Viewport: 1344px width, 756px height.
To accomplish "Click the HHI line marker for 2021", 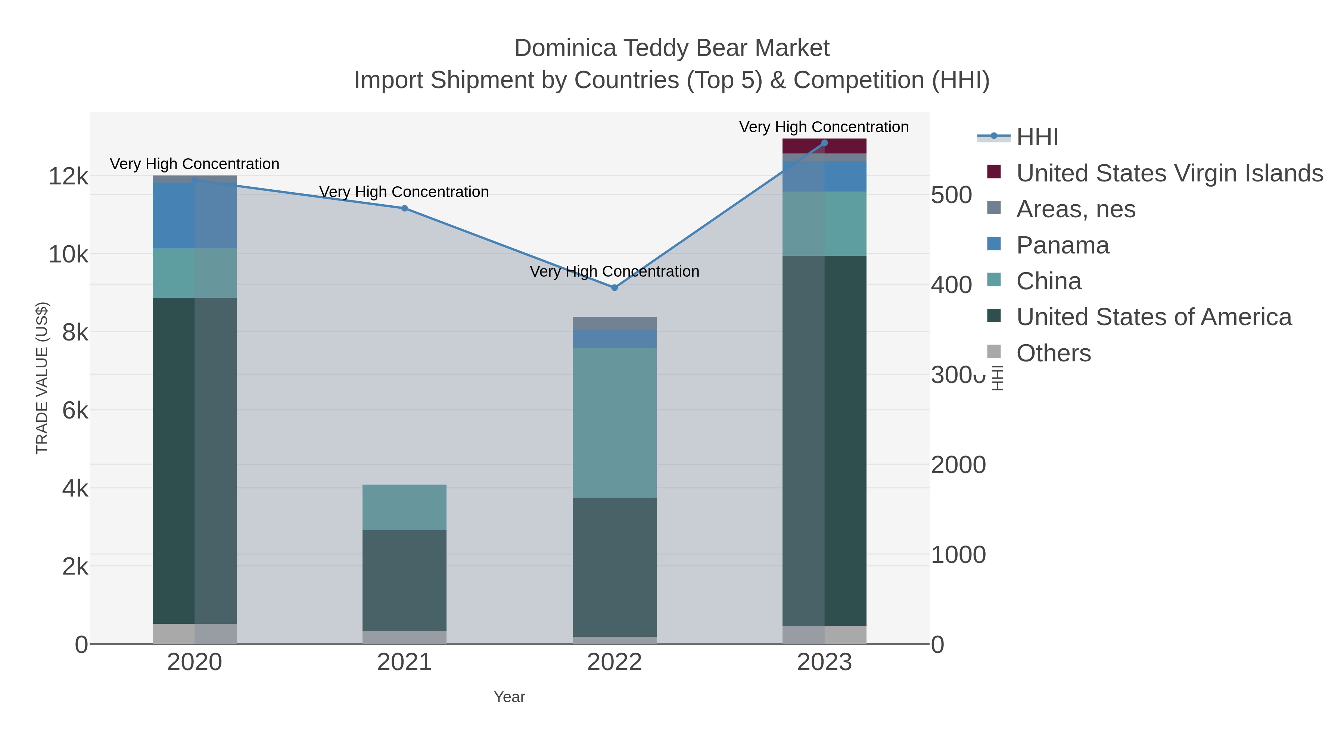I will (x=404, y=208).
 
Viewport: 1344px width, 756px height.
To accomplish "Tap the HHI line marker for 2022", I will (x=614, y=287).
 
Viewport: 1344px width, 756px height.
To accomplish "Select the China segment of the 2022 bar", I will (x=614, y=423).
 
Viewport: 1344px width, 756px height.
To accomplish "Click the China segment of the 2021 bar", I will (x=404, y=507).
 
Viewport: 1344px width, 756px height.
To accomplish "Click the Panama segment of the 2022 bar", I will (x=614, y=339).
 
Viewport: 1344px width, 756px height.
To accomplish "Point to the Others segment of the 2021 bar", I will (x=404, y=637).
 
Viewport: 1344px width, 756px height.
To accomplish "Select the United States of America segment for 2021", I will (x=404, y=580).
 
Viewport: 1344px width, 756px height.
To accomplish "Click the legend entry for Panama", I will (x=1062, y=245).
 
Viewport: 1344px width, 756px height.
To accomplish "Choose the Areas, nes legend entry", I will (x=1075, y=209).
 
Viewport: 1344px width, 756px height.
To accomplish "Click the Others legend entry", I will (x=1053, y=353).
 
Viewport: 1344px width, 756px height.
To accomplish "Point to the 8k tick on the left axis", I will (x=75, y=332).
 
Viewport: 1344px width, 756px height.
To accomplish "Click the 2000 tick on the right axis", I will (x=958, y=465).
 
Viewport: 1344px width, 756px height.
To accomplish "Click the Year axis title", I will (x=509, y=697).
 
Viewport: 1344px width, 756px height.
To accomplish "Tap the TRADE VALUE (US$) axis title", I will (x=42, y=378).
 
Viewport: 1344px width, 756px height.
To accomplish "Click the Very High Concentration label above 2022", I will (x=614, y=271).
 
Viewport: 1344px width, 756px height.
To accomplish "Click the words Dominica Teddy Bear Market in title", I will (x=672, y=48).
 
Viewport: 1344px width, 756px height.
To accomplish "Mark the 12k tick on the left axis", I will (x=68, y=176).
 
